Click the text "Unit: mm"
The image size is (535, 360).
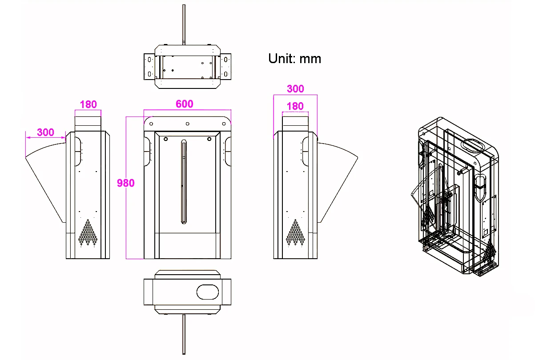click(294, 59)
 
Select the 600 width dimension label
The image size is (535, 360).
click(185, 104)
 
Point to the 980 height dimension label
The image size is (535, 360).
click(125, 183)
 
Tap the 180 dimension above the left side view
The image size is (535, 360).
click(88, 104)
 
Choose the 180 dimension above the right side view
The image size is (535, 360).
click(295, 106)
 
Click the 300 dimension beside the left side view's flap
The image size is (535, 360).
click(45, 132)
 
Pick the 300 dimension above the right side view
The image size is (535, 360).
click(295, 89)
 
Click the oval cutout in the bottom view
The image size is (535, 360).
click(208, 292)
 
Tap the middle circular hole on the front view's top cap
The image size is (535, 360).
click(188, 124)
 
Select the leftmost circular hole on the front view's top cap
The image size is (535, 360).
click(151, 124)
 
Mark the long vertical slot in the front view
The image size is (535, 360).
click(184, 182)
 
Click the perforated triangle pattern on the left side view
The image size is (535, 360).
click(88, 232)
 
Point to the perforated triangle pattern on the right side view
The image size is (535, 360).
click(295, 232)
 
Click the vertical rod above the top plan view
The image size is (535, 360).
click(184, 24)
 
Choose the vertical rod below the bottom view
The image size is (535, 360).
click(184, 334)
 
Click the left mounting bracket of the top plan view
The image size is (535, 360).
click(149, 67)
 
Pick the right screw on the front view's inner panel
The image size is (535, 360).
click(209, 139)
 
